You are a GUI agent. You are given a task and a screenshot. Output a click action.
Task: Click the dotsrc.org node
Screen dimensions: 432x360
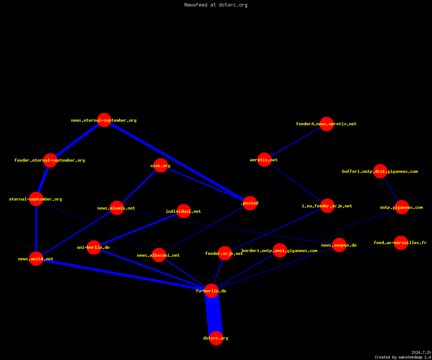216,338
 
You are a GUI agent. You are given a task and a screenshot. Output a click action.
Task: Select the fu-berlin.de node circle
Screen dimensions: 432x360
211,291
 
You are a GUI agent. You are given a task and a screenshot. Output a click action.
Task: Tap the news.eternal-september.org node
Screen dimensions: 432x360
104,120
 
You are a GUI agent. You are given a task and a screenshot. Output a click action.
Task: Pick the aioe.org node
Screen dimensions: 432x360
161,165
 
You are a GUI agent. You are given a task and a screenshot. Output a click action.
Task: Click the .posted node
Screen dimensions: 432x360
250,203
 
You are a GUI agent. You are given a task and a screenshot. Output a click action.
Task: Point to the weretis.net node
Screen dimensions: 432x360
264,159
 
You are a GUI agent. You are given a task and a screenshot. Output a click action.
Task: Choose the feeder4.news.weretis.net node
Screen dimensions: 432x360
327,124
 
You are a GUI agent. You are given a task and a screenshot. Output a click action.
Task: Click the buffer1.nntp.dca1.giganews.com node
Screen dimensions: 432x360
380,171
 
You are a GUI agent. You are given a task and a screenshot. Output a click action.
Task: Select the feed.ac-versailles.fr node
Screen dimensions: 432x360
401,243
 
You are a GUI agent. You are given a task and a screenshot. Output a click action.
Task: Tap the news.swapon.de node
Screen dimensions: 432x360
339,245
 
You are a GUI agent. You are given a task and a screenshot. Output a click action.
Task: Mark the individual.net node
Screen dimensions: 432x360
184,211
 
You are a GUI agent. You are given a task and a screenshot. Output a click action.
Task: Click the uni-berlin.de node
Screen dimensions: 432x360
94,247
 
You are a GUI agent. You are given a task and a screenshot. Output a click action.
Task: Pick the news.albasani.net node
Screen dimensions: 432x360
159,255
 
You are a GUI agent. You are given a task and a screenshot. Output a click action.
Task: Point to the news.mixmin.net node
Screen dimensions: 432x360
117,208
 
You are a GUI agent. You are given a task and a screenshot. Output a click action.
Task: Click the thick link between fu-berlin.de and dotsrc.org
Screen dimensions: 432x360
214,315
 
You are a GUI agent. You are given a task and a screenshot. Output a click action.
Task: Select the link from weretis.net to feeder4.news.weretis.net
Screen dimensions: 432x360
296,142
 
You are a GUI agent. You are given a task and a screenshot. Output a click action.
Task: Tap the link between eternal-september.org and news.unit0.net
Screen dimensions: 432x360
36,229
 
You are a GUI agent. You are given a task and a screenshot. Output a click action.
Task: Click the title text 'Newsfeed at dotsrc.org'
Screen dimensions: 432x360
216,5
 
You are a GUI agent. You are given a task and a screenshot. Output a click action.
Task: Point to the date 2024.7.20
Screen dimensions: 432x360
421,352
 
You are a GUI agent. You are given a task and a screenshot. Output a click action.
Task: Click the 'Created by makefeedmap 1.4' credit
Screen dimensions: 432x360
403,357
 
